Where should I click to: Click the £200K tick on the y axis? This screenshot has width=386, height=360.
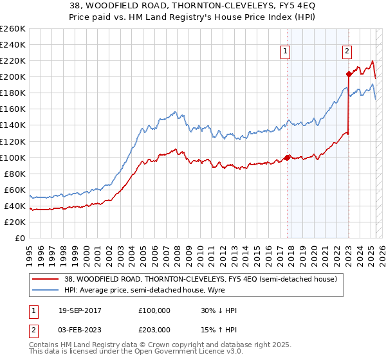[12, 76]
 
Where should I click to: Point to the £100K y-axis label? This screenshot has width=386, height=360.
[12, 157]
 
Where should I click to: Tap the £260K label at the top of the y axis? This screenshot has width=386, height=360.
[12, 29]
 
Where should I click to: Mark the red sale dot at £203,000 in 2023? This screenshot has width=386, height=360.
[349, 75]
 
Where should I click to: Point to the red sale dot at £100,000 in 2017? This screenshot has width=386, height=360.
[288, 157]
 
